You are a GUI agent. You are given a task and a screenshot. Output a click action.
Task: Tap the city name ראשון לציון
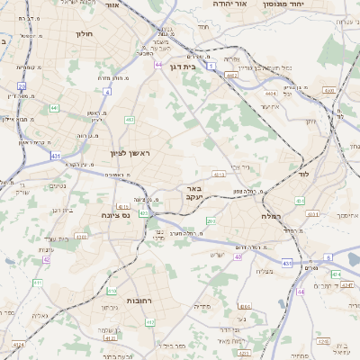(x=131, y=154)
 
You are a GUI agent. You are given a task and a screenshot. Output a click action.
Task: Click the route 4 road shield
(x=107, y=91)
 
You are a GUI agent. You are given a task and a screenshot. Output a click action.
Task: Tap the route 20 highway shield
(x=22, y=86)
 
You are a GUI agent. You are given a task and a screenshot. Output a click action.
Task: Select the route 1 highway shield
(x=211, y=67)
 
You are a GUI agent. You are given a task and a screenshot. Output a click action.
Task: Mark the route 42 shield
(x=46, y=259)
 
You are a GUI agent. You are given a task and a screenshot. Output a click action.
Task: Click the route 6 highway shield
(x=328, y=257)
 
